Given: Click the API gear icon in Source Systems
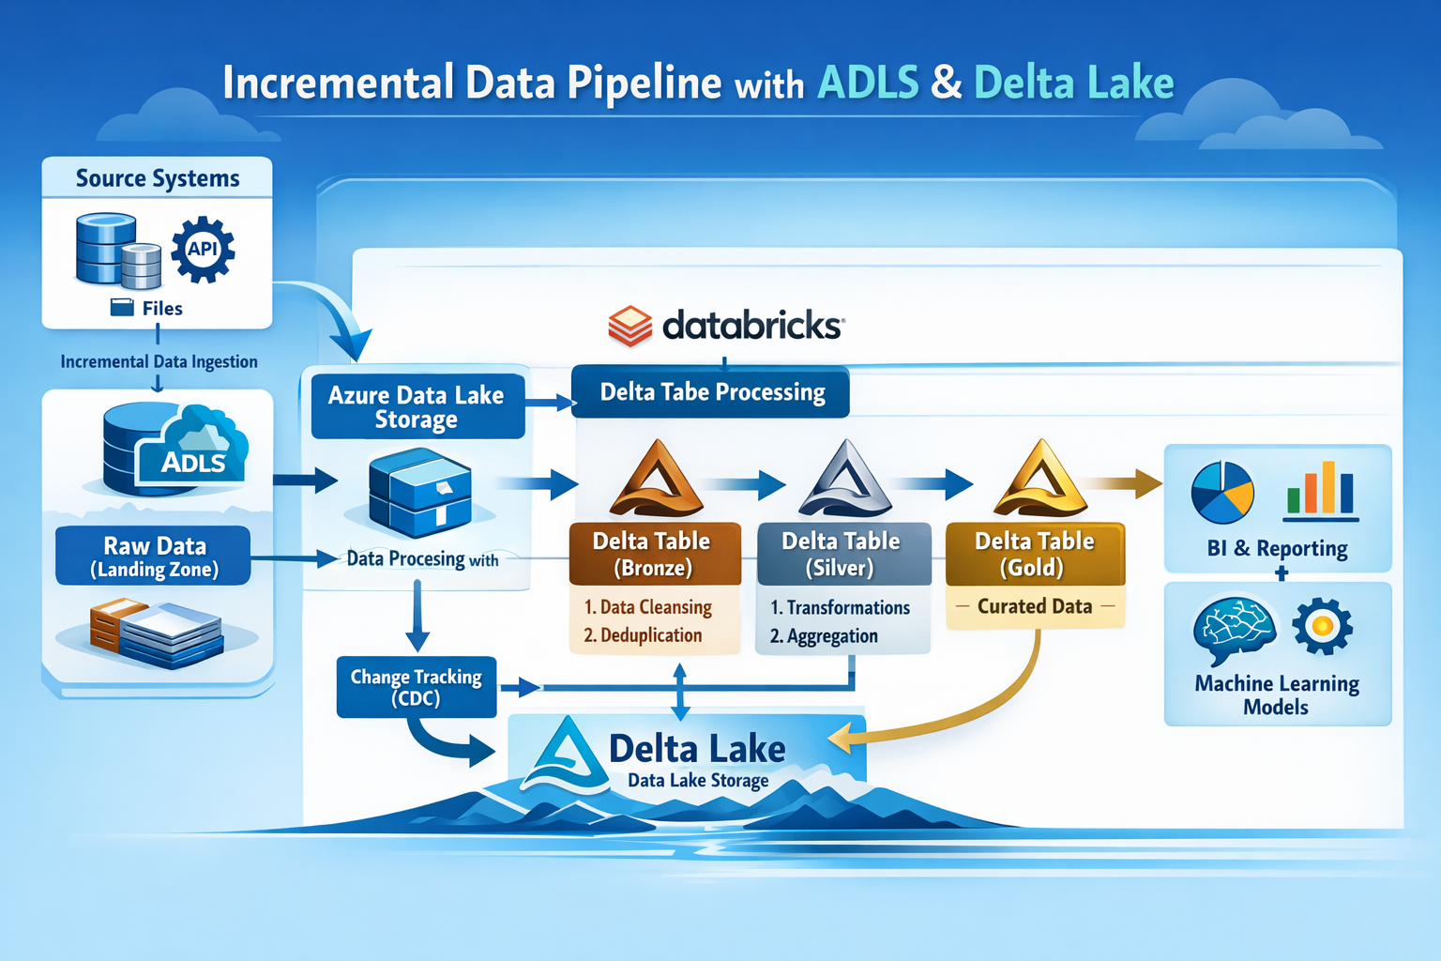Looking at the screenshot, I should click(x=203, y=250).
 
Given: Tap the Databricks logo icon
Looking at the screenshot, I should click(x=629, y=326).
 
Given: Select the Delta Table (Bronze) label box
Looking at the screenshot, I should click(x=654, y=554).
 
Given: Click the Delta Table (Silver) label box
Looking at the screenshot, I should click(x=842, y=554).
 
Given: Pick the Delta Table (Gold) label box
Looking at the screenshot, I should click(x=1034, y=554).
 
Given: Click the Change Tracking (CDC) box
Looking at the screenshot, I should click(x=416, y=687).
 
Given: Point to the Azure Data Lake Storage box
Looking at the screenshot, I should click(x=417, y=406).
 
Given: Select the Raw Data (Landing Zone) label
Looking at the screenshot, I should click(x=154, y=557).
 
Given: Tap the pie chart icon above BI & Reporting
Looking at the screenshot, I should click(x=1222, y=492).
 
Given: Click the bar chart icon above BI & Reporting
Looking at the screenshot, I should click(x=1321, y=490).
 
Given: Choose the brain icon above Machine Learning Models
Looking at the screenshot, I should click(x=1234, y=629).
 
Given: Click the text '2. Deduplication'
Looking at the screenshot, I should click(x=643, y=635).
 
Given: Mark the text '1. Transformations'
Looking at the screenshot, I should click(x=840, y=607).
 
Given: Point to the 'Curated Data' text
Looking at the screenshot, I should click(x=1035, y=606).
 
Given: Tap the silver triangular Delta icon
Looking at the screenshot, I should click(x=846, y=480).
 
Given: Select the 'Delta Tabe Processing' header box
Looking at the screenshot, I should click(x=711, y=391).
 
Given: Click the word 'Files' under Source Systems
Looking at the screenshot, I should click(x=162, y=308).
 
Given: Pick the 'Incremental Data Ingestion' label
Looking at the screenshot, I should click(x=159, y=361).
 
